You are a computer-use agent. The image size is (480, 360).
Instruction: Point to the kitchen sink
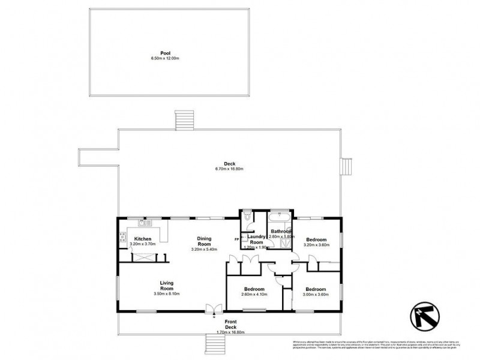[144, 223]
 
